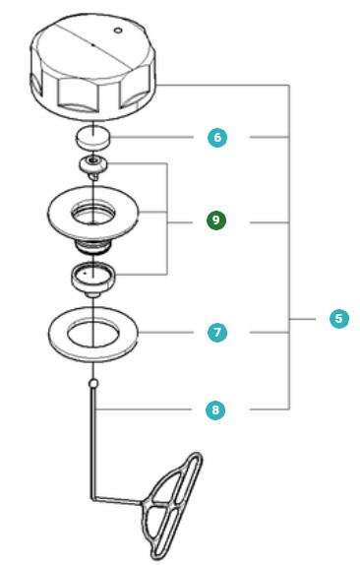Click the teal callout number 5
point(339,319)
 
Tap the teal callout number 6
point(216,137)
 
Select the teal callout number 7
point(216,333)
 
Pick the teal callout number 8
point(216,408)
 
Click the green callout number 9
point(216,220)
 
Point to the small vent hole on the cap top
point(118,31)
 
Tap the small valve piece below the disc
point(92,162)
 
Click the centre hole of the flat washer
point(92,329)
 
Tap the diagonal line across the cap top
point(79,40)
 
